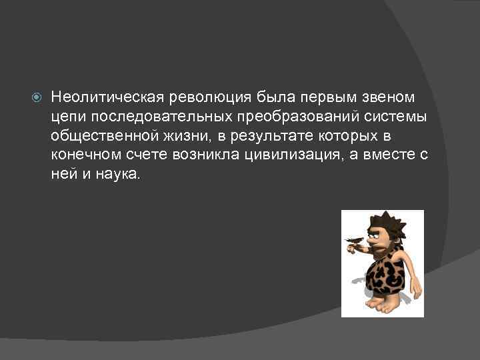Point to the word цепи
(x=66, y=117)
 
